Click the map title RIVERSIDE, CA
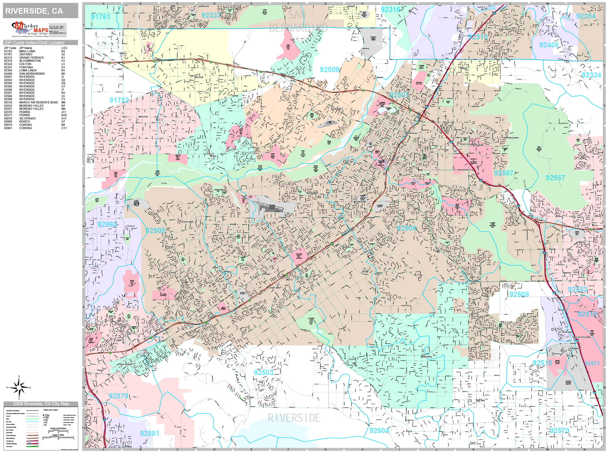(x=34, y=11)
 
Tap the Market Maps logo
(x=30, y=29)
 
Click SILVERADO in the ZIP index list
(x=27, y=119)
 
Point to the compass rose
(x=19, y=388)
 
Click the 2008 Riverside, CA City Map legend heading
(x=41, y=404)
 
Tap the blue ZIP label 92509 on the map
(x=329, y=70)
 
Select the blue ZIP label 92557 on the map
(x=555, y=178)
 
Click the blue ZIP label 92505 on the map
(x=155, y=230)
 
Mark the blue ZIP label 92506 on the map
(x=406, y=228)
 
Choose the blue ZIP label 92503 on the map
(x=263, y=373)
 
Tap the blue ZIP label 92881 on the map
(x=149, y=433)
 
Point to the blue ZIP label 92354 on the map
(x=586, y=16)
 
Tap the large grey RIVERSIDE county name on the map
(x=294, y=418)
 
